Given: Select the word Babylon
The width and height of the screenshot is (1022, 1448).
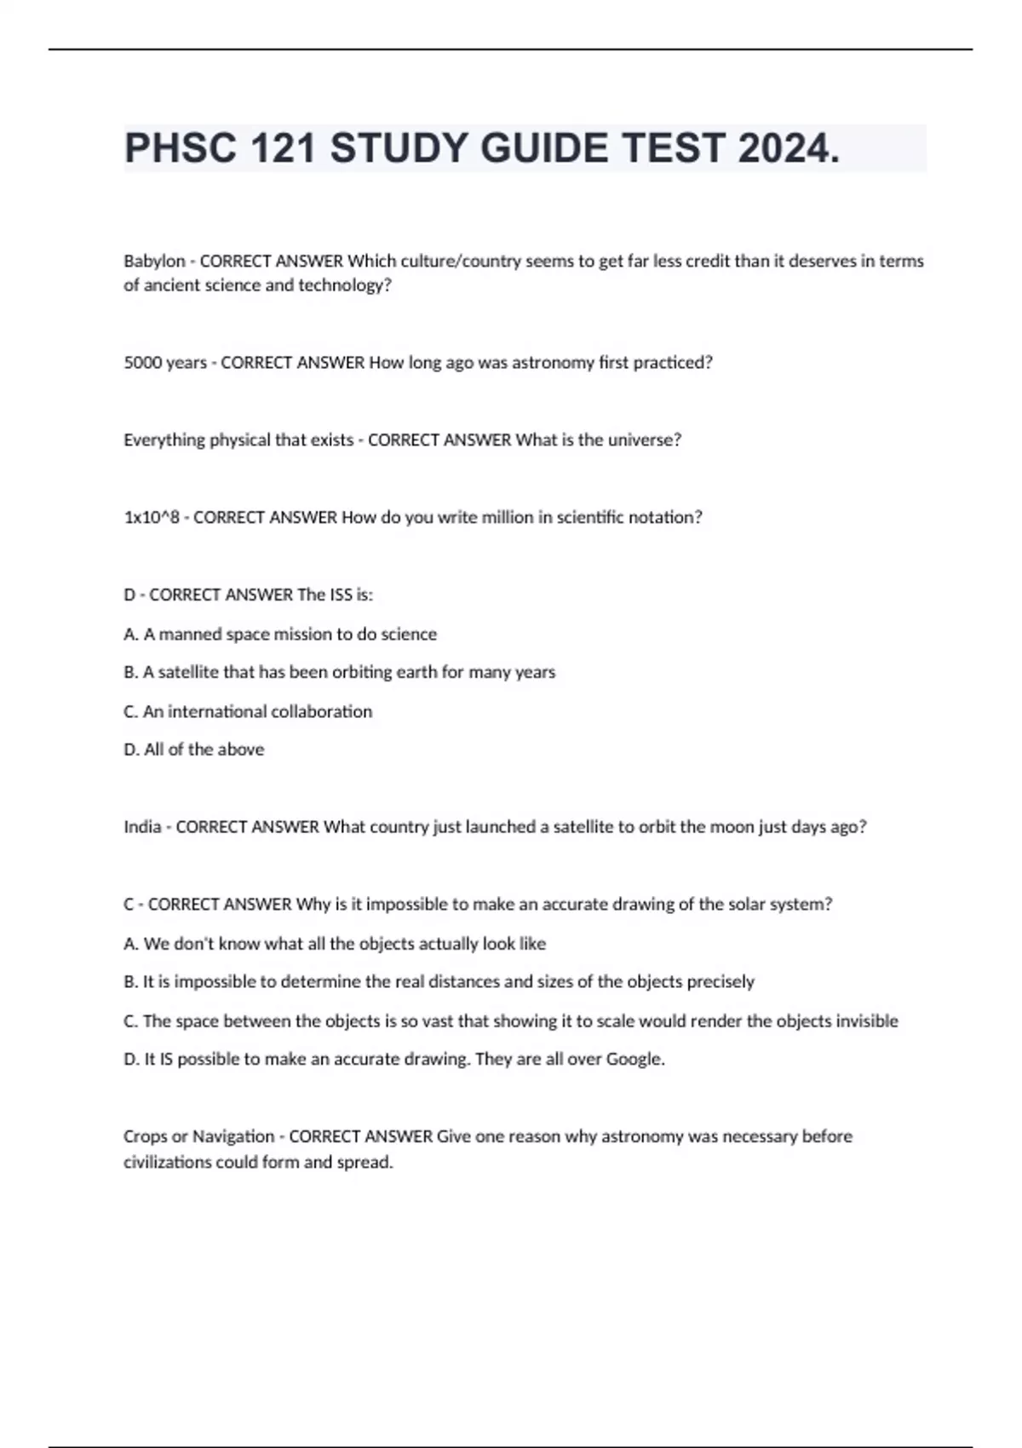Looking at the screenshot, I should (x=154, y=261).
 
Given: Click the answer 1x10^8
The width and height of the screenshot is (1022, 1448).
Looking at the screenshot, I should (x=152, y=518).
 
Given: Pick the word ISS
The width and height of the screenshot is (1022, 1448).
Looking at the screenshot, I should (x=341, y=595).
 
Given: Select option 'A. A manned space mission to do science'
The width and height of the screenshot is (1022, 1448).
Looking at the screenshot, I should (x=280, y=635).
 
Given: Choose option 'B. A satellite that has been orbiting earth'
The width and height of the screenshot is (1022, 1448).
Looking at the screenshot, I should (x=339, y=673).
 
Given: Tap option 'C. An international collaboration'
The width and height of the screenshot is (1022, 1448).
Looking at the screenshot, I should (x=248, y=712).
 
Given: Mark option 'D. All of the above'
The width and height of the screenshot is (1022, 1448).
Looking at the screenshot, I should (x=194, y=750).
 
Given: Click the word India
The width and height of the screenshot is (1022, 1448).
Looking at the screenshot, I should (x=142, y=827).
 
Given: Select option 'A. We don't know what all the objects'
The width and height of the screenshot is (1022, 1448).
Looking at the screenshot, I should (x=335, y=944).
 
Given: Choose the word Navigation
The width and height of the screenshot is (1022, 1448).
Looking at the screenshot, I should (x=233, y=1137).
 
